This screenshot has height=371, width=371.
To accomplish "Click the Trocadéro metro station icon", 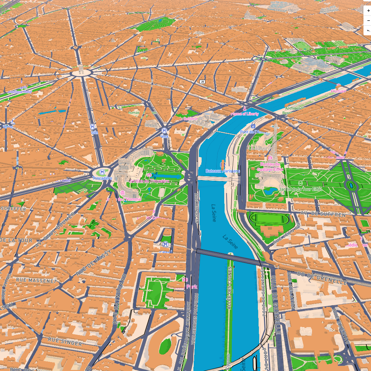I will [102, 172].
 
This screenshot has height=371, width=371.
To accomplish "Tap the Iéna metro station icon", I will [165, 131].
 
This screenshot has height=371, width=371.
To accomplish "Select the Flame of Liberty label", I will [244, 113].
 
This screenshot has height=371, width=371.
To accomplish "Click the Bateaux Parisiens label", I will [223, 171].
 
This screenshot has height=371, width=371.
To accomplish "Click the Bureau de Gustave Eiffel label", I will [270, 167].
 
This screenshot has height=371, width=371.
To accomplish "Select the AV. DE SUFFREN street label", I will [323, 214].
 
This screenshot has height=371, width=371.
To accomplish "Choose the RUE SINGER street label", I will [65, 342].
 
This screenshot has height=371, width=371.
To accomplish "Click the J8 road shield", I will [202, 82].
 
